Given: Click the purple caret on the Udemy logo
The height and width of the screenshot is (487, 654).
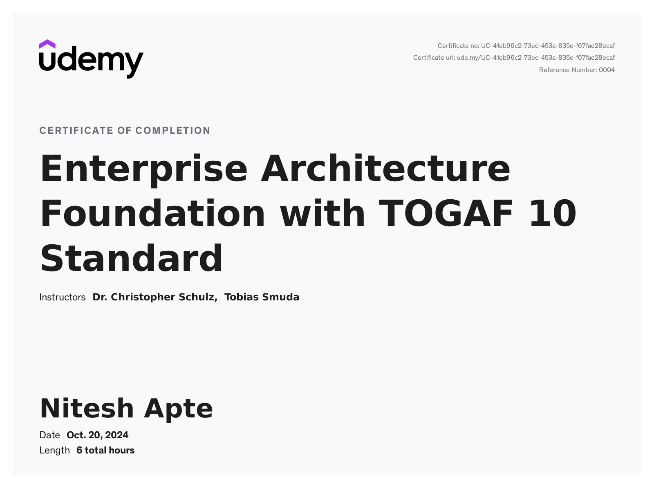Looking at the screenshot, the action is (47, 44).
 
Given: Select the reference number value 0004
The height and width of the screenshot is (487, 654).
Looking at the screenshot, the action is (607, 70).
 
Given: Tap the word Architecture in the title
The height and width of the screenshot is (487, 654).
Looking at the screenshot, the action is (386, 168).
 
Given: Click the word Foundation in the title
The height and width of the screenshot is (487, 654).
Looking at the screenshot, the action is (153, 214).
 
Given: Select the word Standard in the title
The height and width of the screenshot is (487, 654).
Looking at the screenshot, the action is (132, 258).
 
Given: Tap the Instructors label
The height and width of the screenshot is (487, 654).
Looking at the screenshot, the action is (63, 297).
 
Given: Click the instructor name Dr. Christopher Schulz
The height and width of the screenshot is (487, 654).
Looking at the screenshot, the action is (155, 298).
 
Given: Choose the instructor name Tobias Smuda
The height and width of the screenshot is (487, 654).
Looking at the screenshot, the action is (262, 297).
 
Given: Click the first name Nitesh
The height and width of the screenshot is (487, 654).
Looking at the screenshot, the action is (87, 408).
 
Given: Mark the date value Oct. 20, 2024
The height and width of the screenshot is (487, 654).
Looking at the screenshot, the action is (98, 435).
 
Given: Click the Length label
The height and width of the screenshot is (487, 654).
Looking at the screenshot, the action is (54, 451).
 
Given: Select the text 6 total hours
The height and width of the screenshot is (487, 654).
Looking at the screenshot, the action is (105, 451).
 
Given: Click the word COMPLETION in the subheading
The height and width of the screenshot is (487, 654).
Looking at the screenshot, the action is (173, 131).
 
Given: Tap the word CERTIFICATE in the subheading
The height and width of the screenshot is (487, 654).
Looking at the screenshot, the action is (76, 131).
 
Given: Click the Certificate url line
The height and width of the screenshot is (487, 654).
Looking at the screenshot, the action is (514, 58).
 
